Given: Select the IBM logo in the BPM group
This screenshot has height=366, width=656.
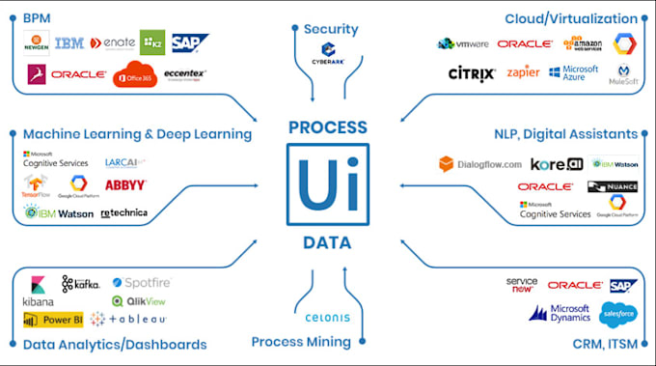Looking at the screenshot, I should pyautogui.click(x=68, y=43).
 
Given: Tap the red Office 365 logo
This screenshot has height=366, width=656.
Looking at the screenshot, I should pyautogui.click(x=134, y=74).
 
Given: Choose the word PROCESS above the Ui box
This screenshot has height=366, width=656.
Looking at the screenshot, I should pyautogui.click(x=327, y=127).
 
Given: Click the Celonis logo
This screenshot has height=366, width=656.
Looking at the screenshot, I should pyautogui.click(x=327, y=318).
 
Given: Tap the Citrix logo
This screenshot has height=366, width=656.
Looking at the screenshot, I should pyautogui.click(x=473, y=73).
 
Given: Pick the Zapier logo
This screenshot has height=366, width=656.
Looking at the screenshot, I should pyautogui.click(x=523, y=72).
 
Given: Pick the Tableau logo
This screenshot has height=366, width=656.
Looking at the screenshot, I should pyautogui.click(x=129, y=320).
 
